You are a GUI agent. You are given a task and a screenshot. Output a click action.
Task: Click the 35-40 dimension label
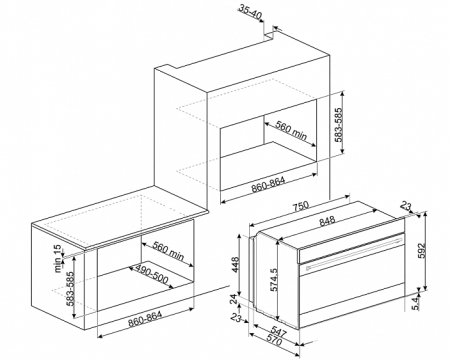(x=251, y=12)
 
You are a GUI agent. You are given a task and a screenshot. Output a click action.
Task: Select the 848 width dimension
(x=327, y=222)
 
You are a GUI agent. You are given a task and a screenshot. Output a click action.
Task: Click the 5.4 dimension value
(x=415, y=304)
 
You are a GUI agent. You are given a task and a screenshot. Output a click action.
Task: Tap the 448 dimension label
(x=236, y=264)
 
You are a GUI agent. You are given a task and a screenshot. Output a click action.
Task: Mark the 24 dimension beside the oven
(x=236, y=299)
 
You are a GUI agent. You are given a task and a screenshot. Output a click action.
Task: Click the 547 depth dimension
(x=278, y=332)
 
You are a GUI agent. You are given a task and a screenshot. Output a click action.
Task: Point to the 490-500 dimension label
(x=151, y=275)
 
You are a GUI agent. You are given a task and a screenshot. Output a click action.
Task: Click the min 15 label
(x=58, y=259)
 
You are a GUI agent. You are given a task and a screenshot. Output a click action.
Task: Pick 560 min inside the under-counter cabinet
(x=168, y=250)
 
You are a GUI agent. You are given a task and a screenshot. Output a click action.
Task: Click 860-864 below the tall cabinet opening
(x=269, y=185)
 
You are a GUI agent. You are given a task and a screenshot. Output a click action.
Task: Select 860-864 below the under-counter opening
(x=145, y=319)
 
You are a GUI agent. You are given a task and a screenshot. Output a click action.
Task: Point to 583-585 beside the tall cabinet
(x=338, y=124)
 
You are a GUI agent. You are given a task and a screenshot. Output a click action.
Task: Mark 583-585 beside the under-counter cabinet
(x=70, y=289)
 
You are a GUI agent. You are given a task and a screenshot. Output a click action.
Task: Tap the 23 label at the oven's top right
(x=405, y=207)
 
